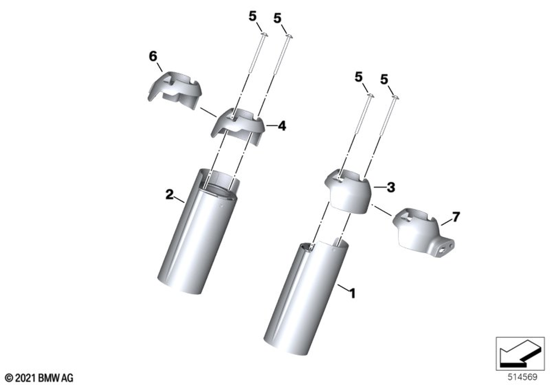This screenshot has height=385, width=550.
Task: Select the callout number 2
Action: coord(169,194)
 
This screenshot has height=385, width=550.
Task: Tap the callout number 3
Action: coord(391,188)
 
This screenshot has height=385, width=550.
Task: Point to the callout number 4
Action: coord(282,125)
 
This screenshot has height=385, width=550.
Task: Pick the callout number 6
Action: coord(153,56)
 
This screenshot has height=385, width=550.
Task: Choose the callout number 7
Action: coord(455,217)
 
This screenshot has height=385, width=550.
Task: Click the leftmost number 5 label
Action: coord(252,16)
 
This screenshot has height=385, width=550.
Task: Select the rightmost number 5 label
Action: coord(384,80)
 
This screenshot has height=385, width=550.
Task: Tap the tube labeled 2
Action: coord(198,232)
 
